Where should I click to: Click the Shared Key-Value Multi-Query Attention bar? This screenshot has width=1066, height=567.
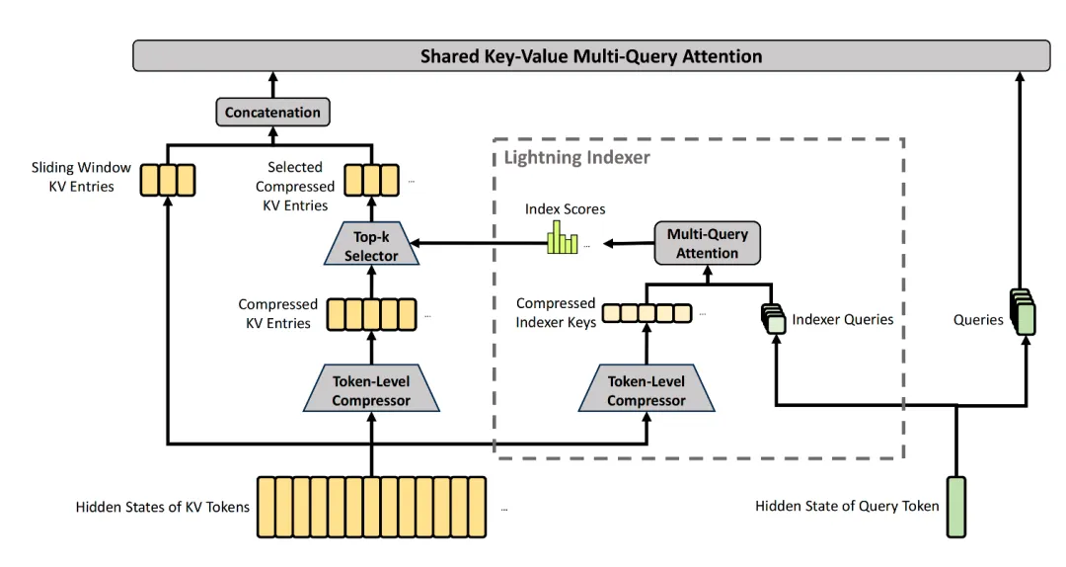click(591, 56)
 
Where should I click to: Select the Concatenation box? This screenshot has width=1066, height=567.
click(272, 113)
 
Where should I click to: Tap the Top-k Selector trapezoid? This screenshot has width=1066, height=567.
click(371, 246)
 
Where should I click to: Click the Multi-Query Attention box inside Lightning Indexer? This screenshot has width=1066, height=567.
click(707, 243)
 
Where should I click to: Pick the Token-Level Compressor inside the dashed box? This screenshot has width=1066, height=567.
click(646, 391)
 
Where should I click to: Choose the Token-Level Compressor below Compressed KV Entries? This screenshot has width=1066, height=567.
click(371, 391)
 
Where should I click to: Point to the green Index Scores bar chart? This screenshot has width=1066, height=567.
click(563, 240)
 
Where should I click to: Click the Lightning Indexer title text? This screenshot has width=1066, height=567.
click(576, 157)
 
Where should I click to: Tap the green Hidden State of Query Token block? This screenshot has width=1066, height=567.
click(956, 507)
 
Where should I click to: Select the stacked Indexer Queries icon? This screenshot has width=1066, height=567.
click(774, 317)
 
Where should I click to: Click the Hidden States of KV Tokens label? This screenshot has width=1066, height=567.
click(163, 508)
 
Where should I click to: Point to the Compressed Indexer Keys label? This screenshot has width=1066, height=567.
click(556, 313)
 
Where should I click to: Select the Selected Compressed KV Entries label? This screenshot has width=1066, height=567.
click(294, 187)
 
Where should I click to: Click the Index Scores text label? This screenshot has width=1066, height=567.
click(565, 209)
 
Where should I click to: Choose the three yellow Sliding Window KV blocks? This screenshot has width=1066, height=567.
click(167, 180)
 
